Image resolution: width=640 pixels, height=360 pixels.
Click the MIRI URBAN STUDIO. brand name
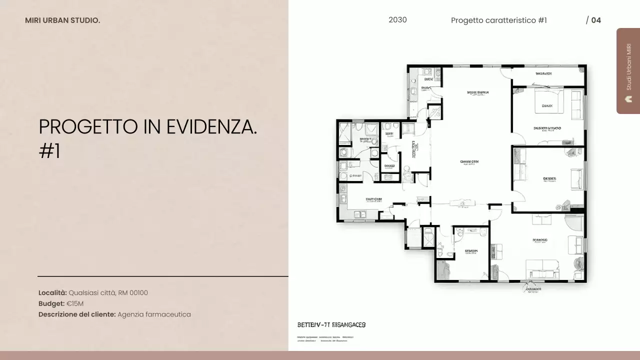click(62, 20)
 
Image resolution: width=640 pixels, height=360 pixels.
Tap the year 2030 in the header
click(397, 20)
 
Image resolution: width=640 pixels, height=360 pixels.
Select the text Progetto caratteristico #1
click(498, 20)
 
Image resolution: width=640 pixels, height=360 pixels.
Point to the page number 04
click(596, 20)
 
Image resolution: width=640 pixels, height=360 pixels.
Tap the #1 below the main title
click(49, 151)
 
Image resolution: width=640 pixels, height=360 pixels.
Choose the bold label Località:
click(52, 293)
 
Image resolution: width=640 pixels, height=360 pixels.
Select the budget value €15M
click(75, 303)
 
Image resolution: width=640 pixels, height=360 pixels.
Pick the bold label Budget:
click(51, 303)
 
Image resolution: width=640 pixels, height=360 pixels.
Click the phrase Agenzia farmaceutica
click(154, 314)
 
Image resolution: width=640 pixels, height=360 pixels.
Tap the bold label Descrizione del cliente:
click(77, 314)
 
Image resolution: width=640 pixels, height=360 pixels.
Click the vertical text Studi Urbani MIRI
click(629, 66)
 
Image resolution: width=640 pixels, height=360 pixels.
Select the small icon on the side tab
click(629, 99)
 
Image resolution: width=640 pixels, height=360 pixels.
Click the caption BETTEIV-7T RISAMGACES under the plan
click(331, 325)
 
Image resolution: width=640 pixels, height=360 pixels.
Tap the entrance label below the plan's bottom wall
click(533, 289)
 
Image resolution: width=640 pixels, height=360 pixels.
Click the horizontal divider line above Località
click(162, 276)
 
